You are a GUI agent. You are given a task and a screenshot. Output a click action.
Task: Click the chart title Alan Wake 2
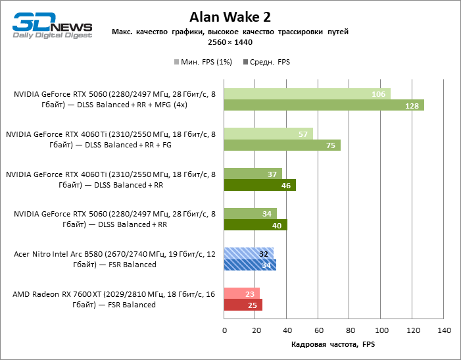[230, 16]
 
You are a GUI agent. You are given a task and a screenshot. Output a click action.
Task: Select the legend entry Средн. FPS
[266, 62]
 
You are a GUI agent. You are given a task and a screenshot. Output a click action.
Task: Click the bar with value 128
[324, 105]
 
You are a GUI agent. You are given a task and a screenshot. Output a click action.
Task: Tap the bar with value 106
[307, 93]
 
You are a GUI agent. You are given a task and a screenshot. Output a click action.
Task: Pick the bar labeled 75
[282, 145]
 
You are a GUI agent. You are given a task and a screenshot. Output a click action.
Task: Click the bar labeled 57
[268, 134]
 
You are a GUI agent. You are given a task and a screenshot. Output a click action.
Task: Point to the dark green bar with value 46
[260, 185]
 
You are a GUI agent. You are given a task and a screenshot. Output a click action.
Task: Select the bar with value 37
[253, 173]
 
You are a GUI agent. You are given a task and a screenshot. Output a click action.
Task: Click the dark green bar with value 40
[255, 225]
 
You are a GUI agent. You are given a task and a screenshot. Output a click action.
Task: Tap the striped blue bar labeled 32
[249, 253]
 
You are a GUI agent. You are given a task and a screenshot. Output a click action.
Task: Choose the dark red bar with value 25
[243, 305]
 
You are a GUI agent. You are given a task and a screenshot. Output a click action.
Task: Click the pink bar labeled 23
[242, 293]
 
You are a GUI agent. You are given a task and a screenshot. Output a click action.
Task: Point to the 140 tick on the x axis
[444, 330]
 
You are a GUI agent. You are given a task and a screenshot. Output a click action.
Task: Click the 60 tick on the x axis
[318, 330]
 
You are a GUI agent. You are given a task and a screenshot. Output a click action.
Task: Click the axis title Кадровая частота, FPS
[333, 344]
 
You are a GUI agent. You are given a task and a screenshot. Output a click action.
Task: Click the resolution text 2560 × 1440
[230, 41]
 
